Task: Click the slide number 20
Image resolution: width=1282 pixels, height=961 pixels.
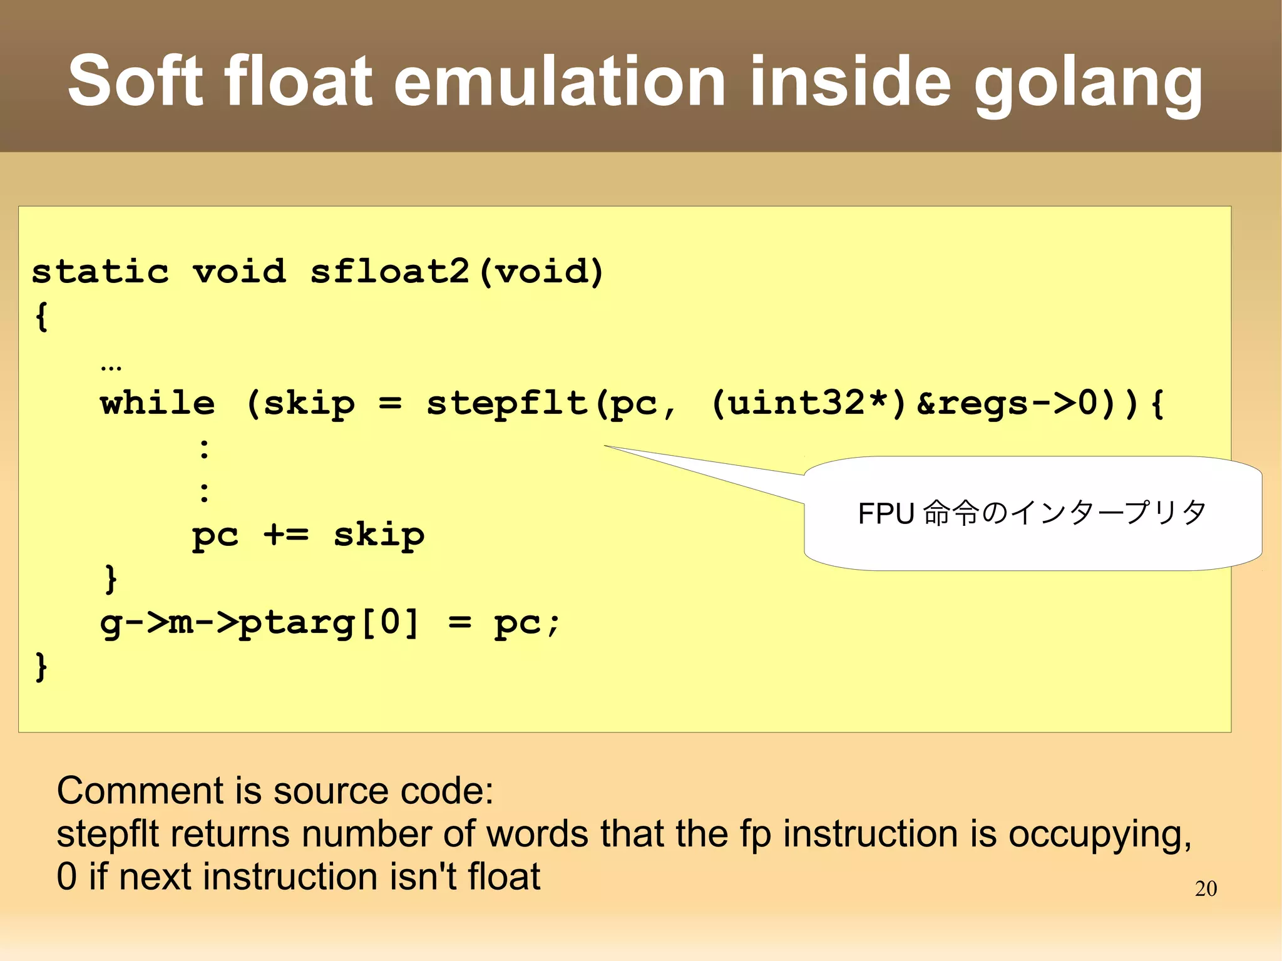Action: click(1206, 888)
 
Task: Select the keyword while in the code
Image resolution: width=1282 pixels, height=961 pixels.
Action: click(158, 403)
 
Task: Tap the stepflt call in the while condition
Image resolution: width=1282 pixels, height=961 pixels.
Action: click(507, 404)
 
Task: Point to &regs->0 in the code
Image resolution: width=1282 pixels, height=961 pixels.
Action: click(1014, 403)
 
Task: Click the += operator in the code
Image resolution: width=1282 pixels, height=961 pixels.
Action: click(285, 535)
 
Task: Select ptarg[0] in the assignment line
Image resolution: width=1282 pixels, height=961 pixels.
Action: click(329, 623)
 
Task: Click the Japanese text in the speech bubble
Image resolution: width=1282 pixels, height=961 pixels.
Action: click(1032, 513)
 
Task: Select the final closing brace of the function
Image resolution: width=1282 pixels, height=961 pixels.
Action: click(41, 666)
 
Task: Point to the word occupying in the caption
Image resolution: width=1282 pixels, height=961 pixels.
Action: click(1099, 835)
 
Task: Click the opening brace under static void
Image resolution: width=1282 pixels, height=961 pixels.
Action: click(41, 316)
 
